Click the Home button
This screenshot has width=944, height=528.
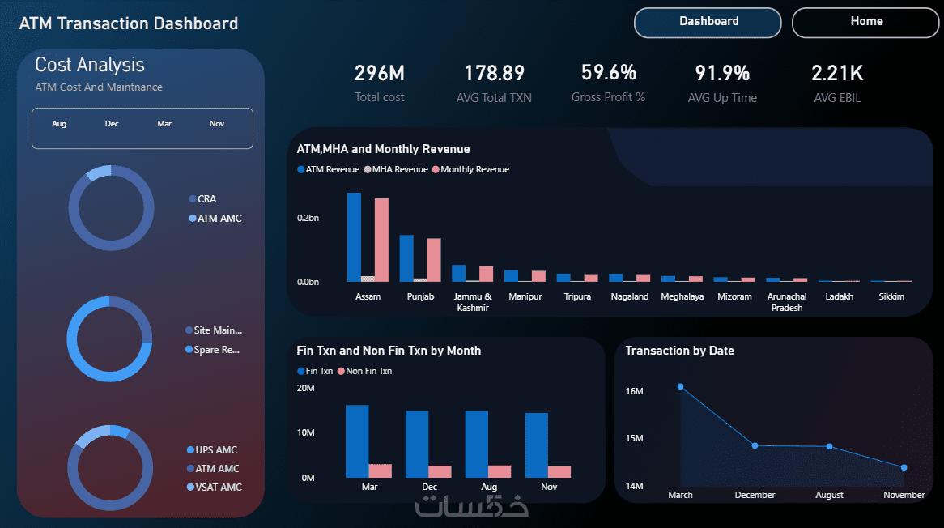865,23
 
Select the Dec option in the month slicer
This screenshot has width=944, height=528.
112,123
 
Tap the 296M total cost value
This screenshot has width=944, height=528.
379,74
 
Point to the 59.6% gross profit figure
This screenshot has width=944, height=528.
609,73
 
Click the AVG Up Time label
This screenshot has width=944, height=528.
722,97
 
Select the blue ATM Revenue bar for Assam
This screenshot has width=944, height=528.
354,237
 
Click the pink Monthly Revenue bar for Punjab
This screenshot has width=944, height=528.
434,260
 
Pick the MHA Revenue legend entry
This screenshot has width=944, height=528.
396,170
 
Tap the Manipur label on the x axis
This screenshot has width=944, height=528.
525,297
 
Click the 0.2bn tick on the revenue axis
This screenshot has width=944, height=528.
308,218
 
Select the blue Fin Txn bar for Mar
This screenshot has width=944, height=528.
357,441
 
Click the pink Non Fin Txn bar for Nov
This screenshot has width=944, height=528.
559,472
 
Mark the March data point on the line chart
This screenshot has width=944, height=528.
680,386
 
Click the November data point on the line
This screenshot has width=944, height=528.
904,467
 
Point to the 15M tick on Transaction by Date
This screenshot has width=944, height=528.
634,438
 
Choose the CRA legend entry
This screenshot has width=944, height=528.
203,198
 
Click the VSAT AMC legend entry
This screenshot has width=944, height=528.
215,487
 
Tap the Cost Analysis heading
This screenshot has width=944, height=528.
90,65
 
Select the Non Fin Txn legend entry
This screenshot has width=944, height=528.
365,371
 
